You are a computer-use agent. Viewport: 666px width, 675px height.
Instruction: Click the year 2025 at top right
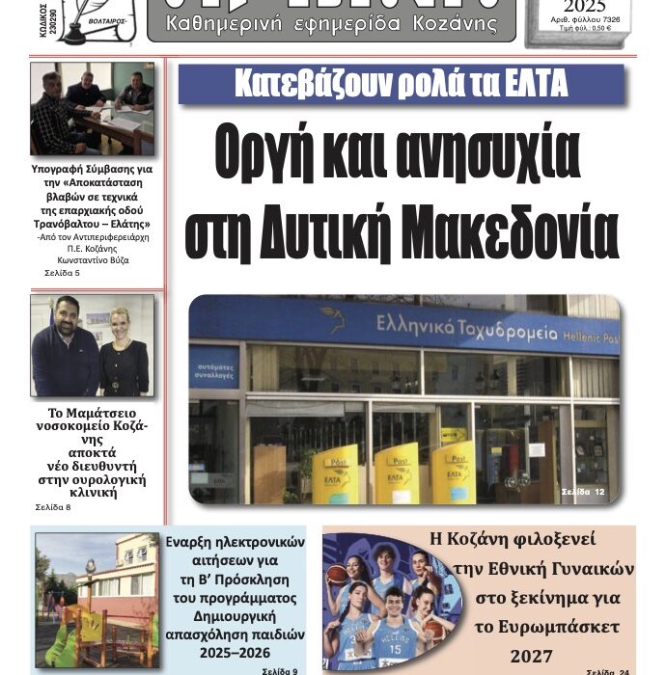[x=578, y=8]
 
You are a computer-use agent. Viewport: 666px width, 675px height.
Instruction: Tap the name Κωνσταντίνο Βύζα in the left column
[x=93, y=259]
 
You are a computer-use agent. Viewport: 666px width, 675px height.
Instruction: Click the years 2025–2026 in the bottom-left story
[x=229, y=651]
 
